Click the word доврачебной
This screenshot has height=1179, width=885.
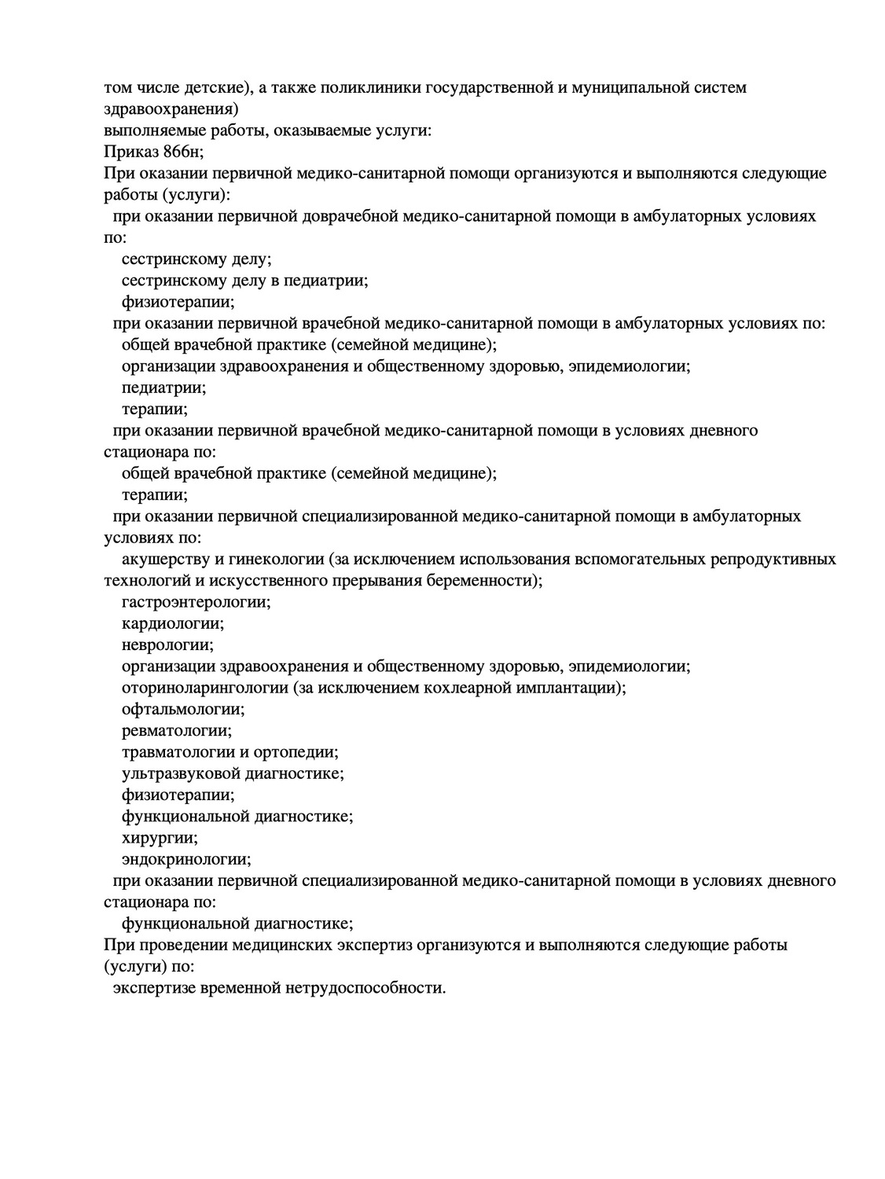350,216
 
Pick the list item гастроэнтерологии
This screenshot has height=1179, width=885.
196,602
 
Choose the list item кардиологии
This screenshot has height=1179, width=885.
172,624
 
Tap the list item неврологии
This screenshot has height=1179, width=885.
167,645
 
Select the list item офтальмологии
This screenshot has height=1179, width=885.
183,709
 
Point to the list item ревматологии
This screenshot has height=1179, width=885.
177,731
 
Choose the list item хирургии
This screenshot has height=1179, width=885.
160,838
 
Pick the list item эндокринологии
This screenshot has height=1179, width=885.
186,859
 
